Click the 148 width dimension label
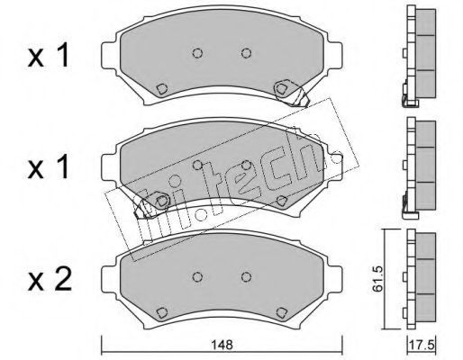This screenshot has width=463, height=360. coord(222,346)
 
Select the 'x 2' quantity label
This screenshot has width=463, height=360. coord(50,279)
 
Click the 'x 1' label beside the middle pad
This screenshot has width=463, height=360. coord(49,167)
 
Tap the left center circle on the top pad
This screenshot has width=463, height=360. coord(197,53)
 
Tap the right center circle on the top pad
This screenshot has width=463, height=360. coord(246,53)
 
